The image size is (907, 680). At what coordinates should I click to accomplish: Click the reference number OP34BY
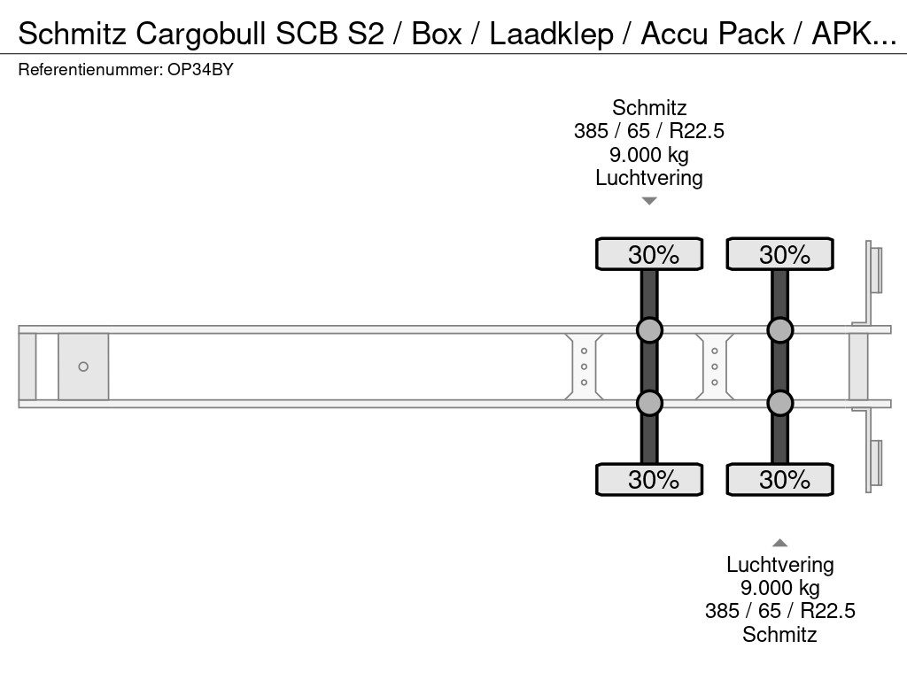[x=199, y=70]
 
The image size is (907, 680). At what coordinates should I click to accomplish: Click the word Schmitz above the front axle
[x=649, y=108]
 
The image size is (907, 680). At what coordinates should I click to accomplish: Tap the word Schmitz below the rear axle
[x=779, y=634]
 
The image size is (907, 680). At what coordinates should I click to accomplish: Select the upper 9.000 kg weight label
[x=649, y=154]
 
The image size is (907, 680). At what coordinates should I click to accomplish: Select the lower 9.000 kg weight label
[x=779, y=588]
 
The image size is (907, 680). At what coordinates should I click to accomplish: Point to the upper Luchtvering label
[x=649, y=177]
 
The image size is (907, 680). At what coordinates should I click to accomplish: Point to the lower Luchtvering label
[x=779, y=565]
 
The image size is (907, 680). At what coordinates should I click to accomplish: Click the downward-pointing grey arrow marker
[x=649, y=201]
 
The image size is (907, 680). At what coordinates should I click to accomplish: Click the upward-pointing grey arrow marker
[x=779, y=543]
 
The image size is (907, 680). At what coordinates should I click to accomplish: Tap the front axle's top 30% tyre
[x=649, y=254]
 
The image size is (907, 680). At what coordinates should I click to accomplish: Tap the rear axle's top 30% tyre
[x=779, y=254]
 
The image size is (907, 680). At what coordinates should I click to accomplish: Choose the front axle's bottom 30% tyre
[x=649, y=480]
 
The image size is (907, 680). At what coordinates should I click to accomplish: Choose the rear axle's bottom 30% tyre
[x=779, y=480]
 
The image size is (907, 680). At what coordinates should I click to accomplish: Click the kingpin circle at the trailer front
[x=83, y=367]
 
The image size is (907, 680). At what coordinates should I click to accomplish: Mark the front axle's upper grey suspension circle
[x=649, y=330]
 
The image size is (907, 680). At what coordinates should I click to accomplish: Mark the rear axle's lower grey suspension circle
[x=779, y=403]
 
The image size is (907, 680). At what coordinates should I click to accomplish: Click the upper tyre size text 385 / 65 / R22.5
[x=649, y=131]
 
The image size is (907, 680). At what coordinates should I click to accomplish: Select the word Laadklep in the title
[x=552, y=34]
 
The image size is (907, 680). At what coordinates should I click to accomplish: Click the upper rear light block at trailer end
[x=875, y=269]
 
